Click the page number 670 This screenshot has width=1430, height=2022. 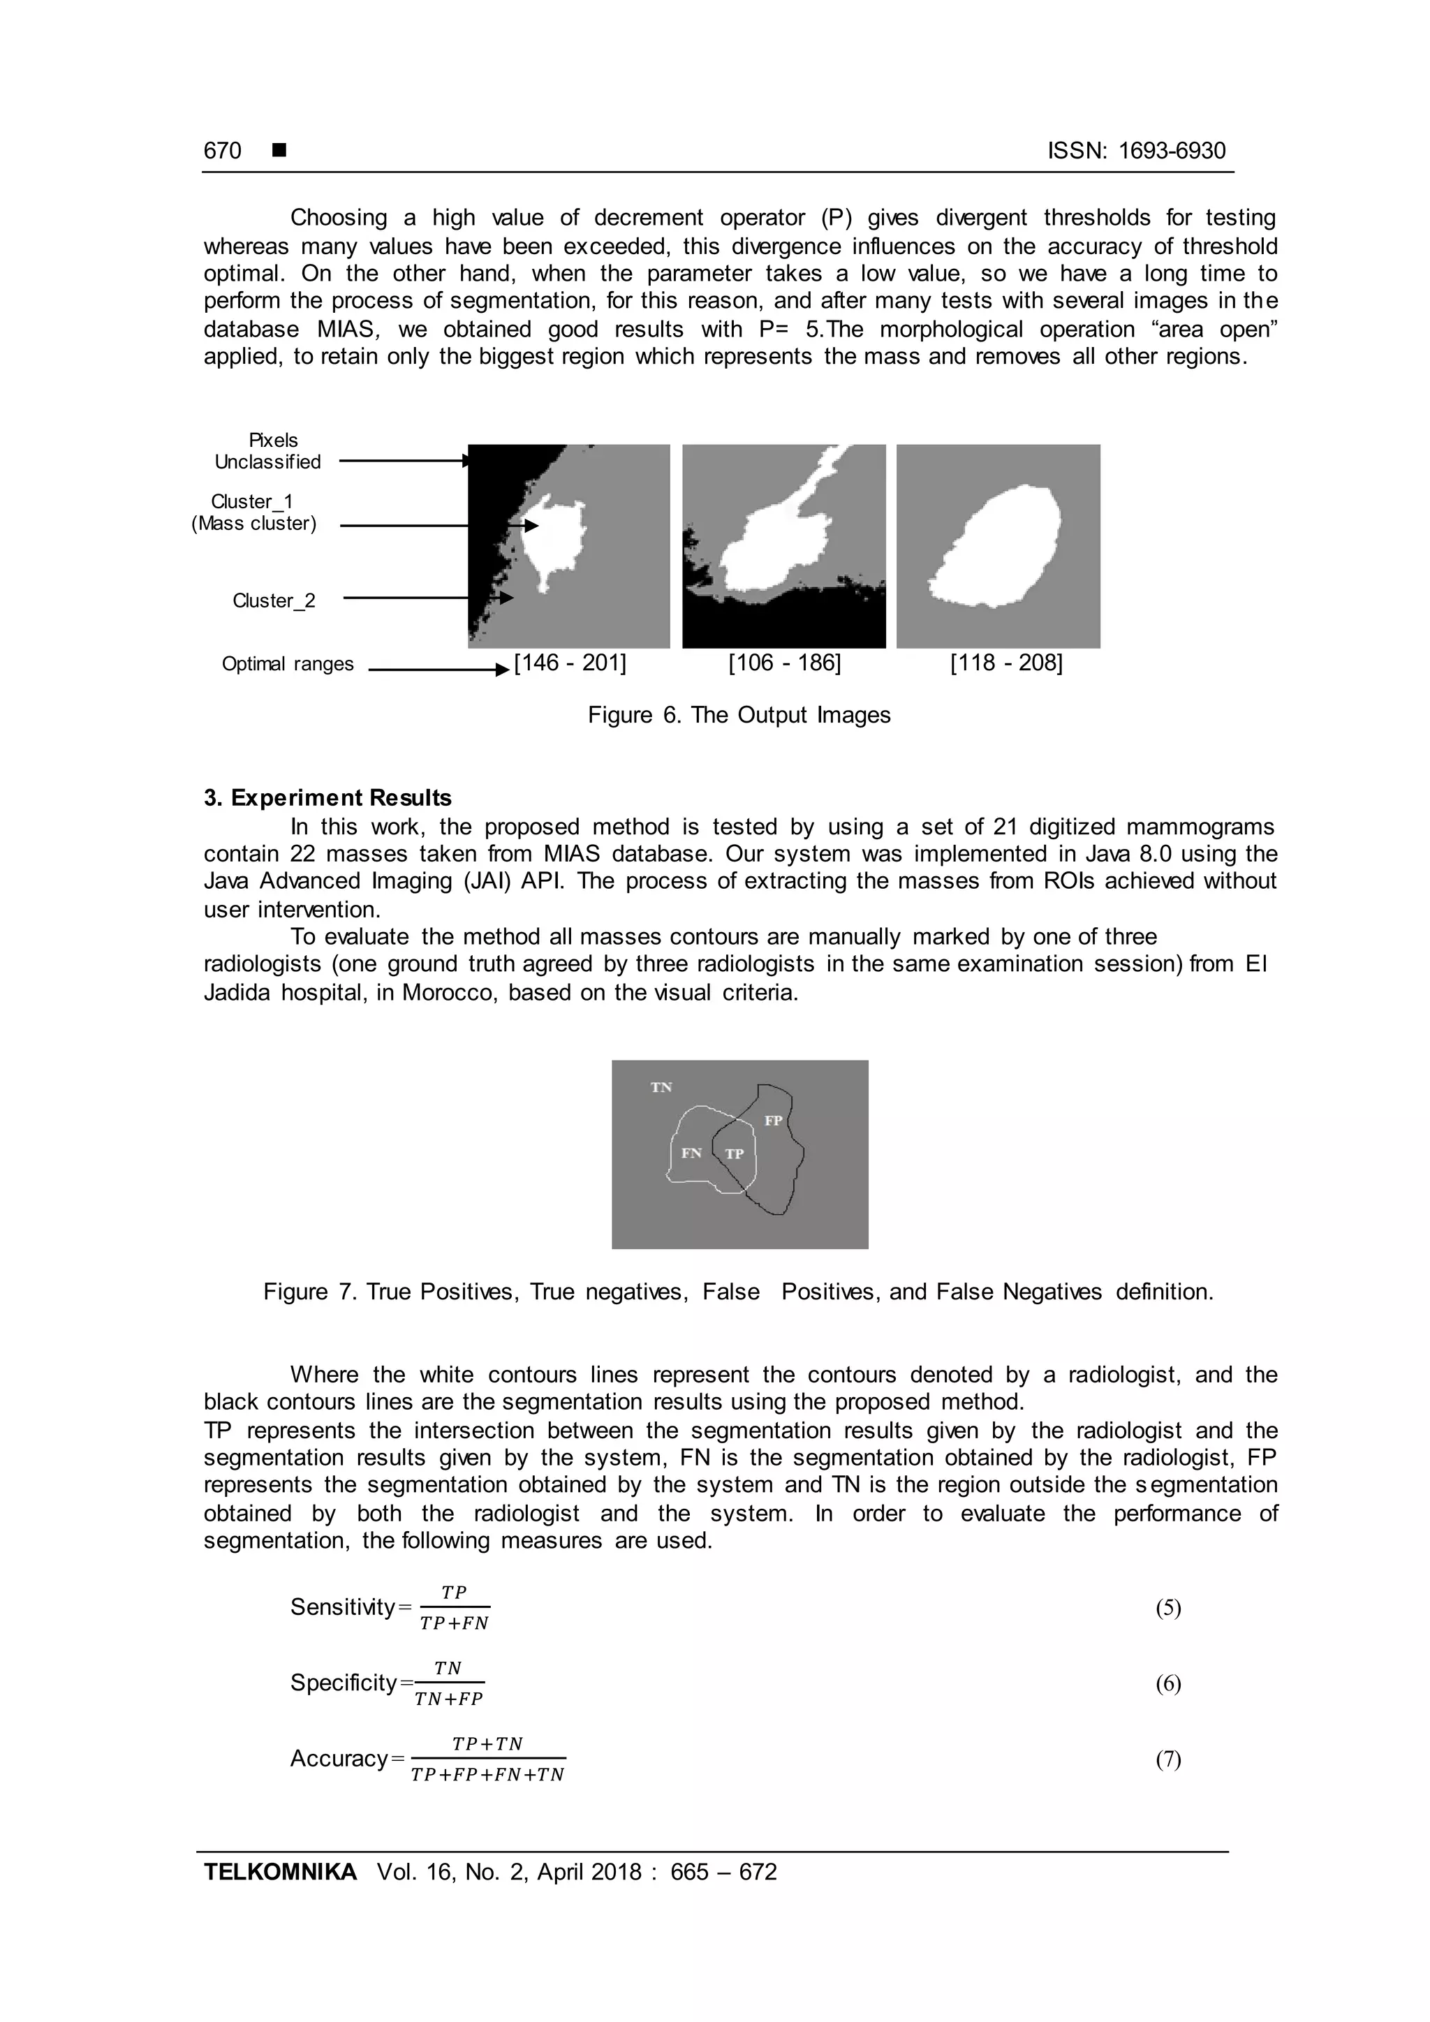pos(222,151)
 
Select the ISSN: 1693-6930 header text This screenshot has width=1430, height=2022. pos(1136,151)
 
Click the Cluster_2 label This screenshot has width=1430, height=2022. pos(274,600)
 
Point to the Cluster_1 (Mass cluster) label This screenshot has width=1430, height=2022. pos(253,512)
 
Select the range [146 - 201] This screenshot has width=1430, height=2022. pos(570,663)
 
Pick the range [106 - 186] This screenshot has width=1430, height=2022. pos(783,663)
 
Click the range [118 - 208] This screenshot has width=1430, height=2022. pos(1005,663)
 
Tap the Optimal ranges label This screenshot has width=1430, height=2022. pos(288,664)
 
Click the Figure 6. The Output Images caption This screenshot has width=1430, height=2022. pos(739,715)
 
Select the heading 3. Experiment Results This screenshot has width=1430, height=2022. pos(327,798)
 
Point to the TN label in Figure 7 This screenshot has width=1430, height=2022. pos(661,1088)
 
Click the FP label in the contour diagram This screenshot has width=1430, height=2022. pos(773,1121)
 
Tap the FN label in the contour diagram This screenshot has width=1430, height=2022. pos(691,1153)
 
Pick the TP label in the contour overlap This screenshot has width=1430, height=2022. pos(735,1153)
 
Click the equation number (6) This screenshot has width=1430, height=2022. pos(1167,1684)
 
